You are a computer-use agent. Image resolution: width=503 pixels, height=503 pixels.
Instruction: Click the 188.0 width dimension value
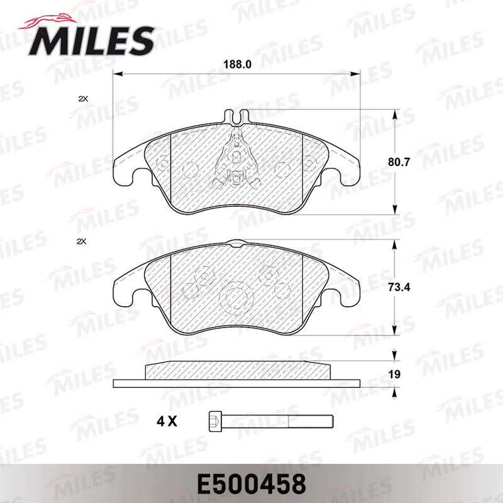pos(238,65)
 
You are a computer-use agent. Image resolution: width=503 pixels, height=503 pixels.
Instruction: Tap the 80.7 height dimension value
pos(399,162)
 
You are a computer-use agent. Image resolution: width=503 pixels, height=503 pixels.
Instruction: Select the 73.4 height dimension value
pos(399,287)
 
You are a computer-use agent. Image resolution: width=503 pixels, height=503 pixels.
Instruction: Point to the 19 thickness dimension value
pos(394,374)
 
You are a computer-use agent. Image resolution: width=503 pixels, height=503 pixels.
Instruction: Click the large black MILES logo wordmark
pos(91,41)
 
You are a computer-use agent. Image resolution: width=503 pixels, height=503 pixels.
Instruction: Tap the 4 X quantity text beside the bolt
pos(167,421)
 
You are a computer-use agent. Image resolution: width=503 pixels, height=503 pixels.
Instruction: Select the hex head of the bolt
pos(215,421)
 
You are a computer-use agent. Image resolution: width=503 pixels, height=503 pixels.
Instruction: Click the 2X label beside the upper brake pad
pos(83,99)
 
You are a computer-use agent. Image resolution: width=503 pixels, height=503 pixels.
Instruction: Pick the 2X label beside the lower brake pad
pos(82,241)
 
